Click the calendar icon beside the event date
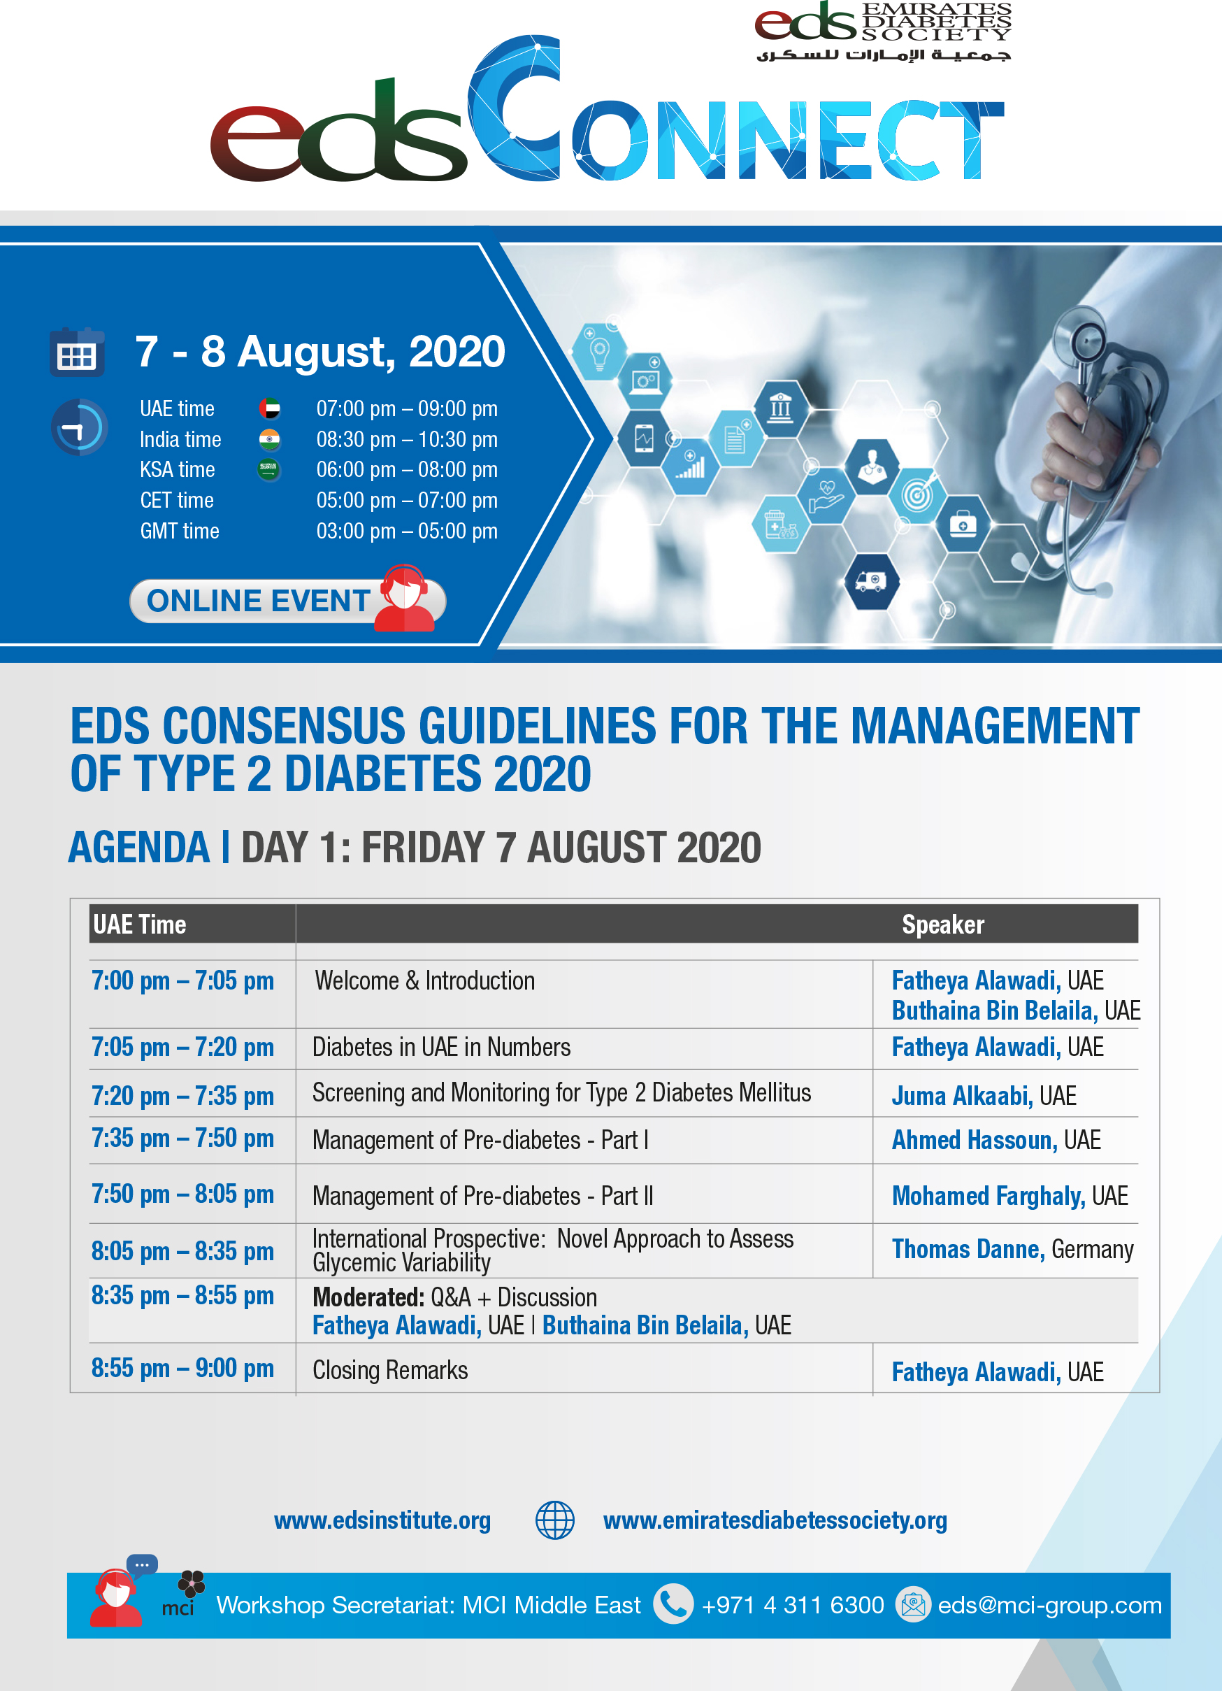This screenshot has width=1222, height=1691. [x=77, y=351]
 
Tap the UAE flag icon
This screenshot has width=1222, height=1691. [x=269, y=408]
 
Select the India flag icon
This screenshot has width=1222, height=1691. [x=269, y=440]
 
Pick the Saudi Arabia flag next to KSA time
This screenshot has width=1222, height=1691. [x=268, y=470]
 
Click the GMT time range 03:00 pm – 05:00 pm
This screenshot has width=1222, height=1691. [x=407, y=531]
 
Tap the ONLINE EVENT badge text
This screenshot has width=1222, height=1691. [x=258, y=601]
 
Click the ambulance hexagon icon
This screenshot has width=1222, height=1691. [x=872, y=582]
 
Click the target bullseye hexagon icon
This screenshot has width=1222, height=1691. [x=918, y=494]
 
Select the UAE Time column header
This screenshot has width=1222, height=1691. [x=139, y=925]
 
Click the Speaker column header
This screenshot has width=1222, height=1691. [x=942, y=925]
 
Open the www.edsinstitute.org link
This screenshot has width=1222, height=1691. [x=382, y=1520]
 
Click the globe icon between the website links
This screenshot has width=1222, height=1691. [x=555, y=1520]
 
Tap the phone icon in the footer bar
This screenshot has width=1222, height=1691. [x=673, y=1604]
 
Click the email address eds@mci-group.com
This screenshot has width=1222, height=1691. [x=1049, y=1604]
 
